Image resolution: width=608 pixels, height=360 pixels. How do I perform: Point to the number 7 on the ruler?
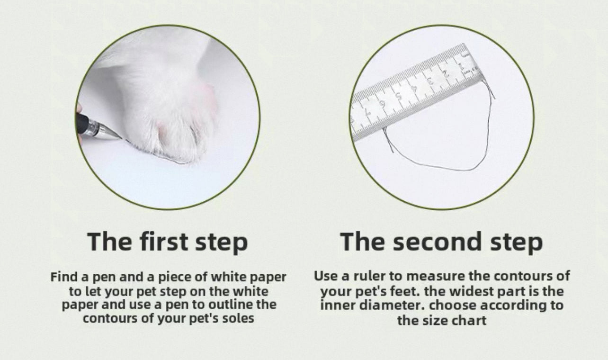[367, 112]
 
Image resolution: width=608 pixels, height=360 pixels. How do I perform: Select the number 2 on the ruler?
[446, 73]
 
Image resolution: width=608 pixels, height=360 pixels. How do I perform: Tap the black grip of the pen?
[82, 124]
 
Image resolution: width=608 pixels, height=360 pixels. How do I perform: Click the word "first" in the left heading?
[164, 241]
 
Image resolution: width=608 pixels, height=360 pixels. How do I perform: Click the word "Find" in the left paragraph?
[64, 277]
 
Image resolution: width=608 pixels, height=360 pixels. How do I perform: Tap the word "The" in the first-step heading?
[110, 241]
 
